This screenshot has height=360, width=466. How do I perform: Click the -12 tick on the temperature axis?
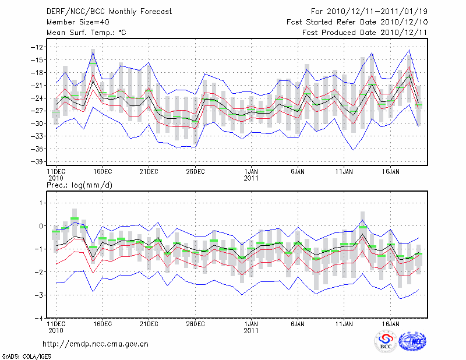coord(40,47)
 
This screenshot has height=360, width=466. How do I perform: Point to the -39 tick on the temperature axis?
coord(40,161)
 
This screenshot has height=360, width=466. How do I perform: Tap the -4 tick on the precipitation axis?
coord(41,319)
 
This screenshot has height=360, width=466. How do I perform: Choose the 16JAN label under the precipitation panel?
coord(390,323)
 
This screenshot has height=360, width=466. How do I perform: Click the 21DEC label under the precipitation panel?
coord(149,323)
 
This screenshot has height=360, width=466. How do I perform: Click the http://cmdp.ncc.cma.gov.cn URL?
coord(96,344)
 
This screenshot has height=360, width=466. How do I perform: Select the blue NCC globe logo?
coord(412,342)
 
